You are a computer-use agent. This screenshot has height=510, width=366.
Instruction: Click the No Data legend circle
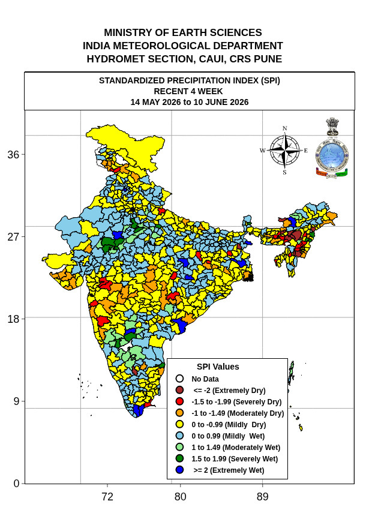[x=179, y=379]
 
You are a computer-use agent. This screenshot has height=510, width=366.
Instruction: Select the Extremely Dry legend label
[x=229, y=391]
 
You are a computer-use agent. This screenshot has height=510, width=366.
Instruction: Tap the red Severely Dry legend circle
[x=179, y=401]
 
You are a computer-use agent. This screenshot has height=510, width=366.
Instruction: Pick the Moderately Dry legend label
[x=238, y=413]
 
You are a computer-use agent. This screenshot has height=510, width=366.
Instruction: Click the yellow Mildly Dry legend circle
[x=179, y=424]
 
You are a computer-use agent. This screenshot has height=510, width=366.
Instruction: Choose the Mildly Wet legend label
[x=228, y=436]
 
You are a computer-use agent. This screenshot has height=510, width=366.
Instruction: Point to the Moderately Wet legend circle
[x=179, y=447]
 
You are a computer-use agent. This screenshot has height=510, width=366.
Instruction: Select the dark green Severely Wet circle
[x=179, y=458]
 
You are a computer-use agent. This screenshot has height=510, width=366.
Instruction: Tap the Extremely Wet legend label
[x=229, y=470]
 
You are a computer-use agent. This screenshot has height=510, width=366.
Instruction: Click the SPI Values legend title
[x=218, y=367]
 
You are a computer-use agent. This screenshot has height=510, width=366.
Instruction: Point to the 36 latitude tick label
[x=13, y=154]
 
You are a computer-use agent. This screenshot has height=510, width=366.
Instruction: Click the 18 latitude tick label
[x=13, y=319]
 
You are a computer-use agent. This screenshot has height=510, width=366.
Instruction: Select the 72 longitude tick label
[x=107, y=497]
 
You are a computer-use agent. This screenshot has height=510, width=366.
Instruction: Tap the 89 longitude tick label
[x=263, y=497]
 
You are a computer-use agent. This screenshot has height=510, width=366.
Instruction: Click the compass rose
[x=285, y=150]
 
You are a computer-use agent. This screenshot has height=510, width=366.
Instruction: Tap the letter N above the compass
[x=284, y=128]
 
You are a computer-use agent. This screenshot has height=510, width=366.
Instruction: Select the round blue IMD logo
[x=332, y=155]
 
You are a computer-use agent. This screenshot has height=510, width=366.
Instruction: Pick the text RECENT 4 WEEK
[x=188, y=91]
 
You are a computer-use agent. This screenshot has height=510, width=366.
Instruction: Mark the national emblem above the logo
[x=332, y=127]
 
